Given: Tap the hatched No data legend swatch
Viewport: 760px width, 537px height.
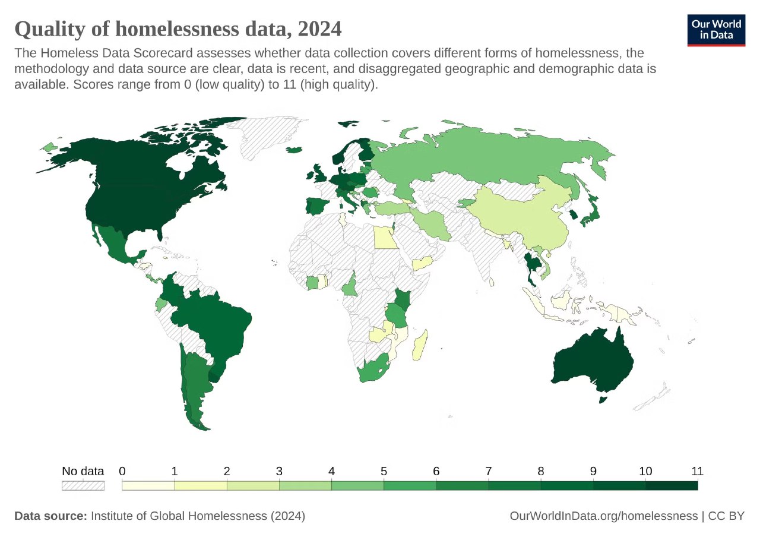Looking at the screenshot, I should coord(83,485).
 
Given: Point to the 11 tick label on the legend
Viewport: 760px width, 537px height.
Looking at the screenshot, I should coord(697,471).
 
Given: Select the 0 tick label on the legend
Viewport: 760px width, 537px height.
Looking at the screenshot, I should coord(122,471).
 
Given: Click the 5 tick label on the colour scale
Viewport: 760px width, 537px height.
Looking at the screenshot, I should coord(384,471).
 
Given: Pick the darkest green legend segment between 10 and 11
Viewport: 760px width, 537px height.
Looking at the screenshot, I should coord(671,485).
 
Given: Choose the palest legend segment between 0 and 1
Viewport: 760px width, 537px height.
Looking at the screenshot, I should coord(148,485).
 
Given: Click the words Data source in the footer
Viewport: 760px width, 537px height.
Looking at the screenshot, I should coord(50,516).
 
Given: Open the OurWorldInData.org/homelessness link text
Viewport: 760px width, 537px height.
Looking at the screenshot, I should coord(603,516).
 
